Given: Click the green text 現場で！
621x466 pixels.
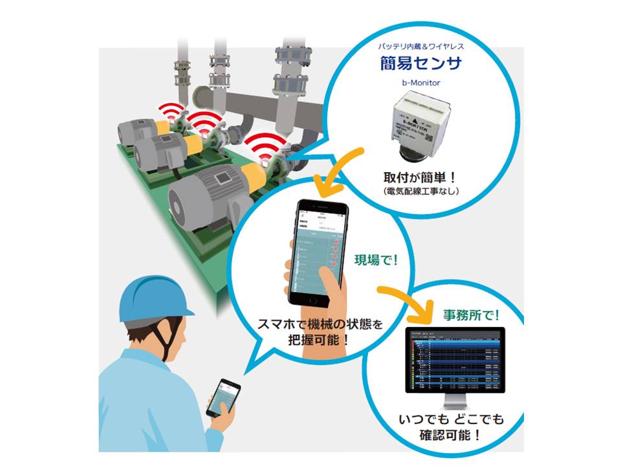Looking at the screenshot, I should [376, 261].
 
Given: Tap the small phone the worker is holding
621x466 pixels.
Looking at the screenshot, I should [223, 397].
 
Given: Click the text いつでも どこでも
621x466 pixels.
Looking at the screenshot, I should [450, 417].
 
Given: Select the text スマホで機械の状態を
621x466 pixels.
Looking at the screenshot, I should [320, 323].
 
